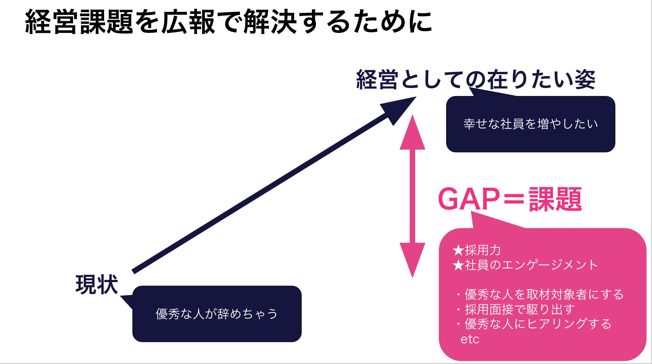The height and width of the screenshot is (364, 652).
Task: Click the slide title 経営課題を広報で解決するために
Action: click(228, 21)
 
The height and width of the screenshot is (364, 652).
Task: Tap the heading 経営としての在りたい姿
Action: click(476, 80)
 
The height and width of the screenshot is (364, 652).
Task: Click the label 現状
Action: click(97, 285)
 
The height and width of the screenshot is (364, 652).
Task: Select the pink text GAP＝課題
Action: click(510, 199)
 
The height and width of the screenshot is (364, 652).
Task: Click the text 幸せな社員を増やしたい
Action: click(530, 124)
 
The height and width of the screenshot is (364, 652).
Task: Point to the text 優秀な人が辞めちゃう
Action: click(217, 314)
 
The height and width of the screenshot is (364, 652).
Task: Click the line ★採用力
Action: click(477, 250)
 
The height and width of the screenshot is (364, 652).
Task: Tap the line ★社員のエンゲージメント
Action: click(525, 265)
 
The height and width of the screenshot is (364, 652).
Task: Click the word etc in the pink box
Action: click(469, 339)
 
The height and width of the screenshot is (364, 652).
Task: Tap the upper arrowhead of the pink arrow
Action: click(412, 134)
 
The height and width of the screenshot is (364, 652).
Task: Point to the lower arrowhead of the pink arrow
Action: click(412, 258)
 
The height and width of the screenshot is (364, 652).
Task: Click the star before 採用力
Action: click(458, 250)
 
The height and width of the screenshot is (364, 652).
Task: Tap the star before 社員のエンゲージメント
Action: click(458, 265)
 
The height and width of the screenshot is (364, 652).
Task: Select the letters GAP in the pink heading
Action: click(469, 199)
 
